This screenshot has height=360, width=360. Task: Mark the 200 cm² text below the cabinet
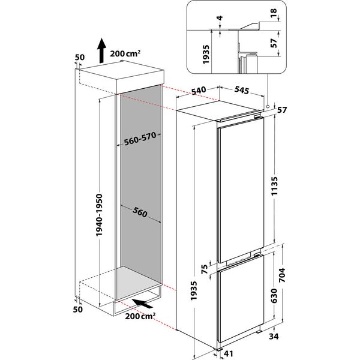(139, 316)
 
